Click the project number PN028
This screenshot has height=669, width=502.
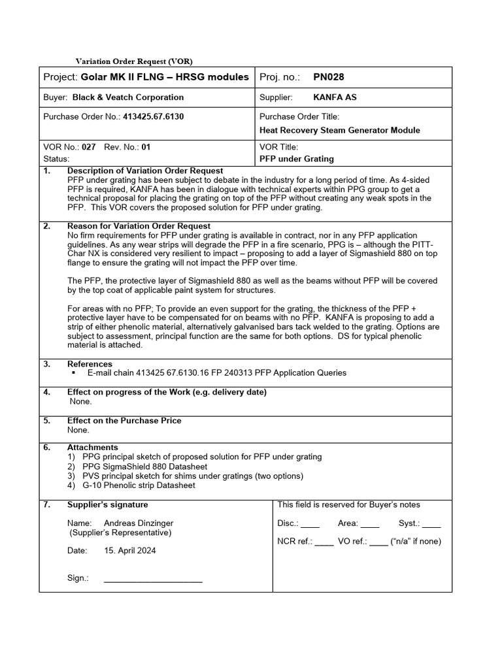click(328, 77)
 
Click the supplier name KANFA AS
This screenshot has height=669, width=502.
click(335, 97)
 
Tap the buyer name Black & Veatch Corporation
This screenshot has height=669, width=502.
click(127, 97)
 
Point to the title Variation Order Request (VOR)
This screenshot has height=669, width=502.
click(134, 61)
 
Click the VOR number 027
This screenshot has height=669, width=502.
click(89, 148)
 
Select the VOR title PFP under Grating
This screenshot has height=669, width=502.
click(297, 158)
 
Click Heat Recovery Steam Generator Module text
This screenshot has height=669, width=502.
click(340, 130)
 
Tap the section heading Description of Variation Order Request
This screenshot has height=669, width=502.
click(145, 171)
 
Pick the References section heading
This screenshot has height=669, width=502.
click(90, 364)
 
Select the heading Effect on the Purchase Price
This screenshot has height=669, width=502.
click(124, 421)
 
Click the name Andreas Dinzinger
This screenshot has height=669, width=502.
click(139, 523)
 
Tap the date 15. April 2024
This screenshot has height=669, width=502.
click(130, 551)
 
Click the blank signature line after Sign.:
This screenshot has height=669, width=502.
click(153, 579)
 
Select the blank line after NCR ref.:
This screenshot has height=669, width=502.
click(324, 542)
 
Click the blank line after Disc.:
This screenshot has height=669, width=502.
click(310, 524)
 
